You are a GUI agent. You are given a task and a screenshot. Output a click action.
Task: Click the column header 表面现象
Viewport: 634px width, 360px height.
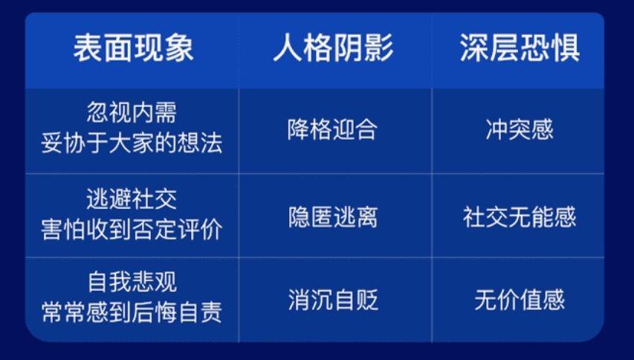(x=133, y=48)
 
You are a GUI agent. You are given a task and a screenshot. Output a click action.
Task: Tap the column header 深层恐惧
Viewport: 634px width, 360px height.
(x=520, y=48)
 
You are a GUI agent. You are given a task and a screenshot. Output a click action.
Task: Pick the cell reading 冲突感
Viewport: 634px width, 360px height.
(x=520, y=130)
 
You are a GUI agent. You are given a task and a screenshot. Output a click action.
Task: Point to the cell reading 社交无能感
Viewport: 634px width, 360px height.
(x=520, y=217)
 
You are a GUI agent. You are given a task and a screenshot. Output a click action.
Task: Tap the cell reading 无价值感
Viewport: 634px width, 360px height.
(x=520, y=300)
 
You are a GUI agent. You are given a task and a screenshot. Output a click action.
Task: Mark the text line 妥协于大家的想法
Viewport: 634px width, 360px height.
(x=132, y=144)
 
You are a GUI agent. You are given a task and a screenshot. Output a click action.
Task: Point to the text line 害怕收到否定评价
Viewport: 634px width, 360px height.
(x=132, y=230)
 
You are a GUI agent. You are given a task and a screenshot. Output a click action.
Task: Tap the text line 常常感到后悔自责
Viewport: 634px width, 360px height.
(x=132, y=312)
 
